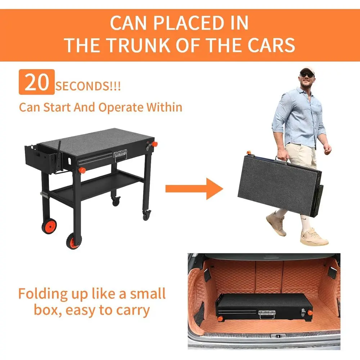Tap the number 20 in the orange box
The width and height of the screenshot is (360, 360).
[37, 82]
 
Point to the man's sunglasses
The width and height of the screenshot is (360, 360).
[307, 75]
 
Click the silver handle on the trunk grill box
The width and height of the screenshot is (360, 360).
[267, 314]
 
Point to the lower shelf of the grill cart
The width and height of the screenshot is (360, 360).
[97, 186]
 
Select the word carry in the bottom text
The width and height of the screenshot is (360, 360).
[132, 310]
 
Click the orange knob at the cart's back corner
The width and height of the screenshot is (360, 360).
[154, 144]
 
